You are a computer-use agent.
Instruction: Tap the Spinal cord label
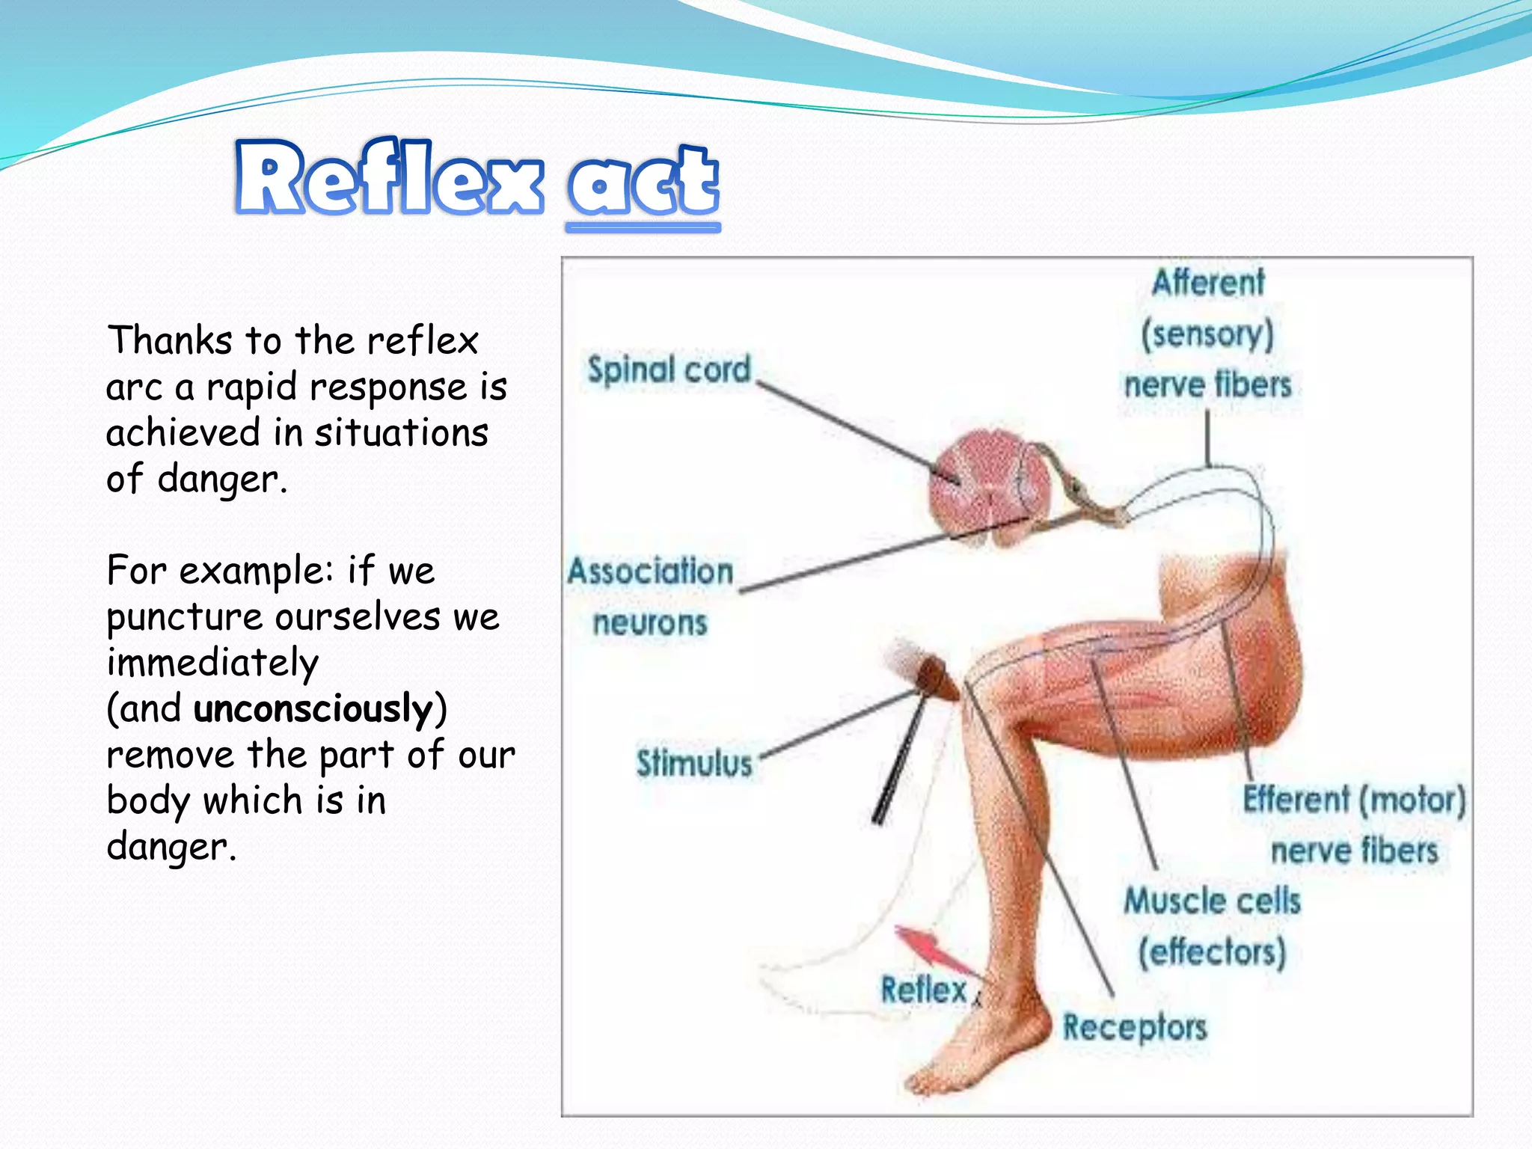(x=668, y=370)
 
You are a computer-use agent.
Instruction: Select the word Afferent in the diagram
(x=1208, y=284)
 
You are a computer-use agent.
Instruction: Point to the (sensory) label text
(x=1207, y=334)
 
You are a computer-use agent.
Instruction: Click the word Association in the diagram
(x=650, y=572)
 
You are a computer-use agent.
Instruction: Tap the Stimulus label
(x=694, y=764)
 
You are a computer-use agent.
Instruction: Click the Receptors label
(x=1135, y=1028)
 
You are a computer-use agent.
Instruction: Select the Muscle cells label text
(x=1212, y=901)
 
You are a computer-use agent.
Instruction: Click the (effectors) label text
(x=1212, y=952)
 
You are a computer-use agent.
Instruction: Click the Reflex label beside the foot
(x=924, y=990)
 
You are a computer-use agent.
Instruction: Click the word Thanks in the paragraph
(x=170, y=341)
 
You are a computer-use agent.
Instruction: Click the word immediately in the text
(x=212, y=664)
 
